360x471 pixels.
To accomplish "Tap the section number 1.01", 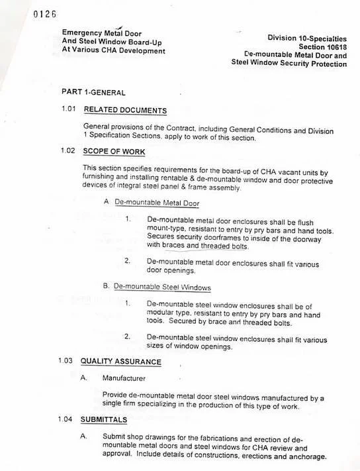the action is pos(69,109).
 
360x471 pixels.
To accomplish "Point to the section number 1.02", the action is pos(69,150).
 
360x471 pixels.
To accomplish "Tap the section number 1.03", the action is pos(69,362).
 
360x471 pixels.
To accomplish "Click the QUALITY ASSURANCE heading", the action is pos(120,362).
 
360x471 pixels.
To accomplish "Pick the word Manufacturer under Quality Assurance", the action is pos(127,379).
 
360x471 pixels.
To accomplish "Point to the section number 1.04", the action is pos(69,420).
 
